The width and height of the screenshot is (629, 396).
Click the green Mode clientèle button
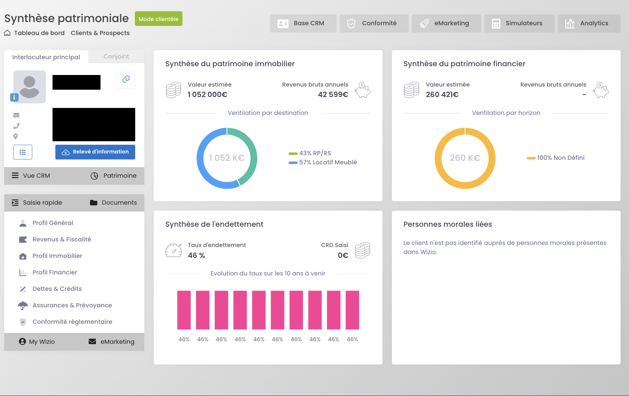(158, 19)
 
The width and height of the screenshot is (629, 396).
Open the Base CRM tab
(303, 23)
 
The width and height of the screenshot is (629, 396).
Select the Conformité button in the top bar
(374, 23)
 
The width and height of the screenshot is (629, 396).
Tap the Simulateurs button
(519, 23)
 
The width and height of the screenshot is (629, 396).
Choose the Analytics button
(589, 23)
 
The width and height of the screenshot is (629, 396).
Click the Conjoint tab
(116, 56)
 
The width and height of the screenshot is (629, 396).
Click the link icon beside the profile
(126, 79)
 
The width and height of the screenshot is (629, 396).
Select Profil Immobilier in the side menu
(57, 256)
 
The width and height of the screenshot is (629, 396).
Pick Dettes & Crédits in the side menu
(57, 289)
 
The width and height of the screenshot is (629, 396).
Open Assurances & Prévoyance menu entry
(72, 305)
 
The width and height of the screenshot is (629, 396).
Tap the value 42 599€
(333, 95)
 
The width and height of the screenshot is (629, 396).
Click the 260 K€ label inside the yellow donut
(465, 158)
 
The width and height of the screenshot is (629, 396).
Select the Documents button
(113, 203)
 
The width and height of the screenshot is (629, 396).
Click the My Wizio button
(37, 342)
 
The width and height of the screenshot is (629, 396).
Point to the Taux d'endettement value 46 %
(196, 255)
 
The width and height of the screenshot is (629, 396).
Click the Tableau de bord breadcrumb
(39, 33)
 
